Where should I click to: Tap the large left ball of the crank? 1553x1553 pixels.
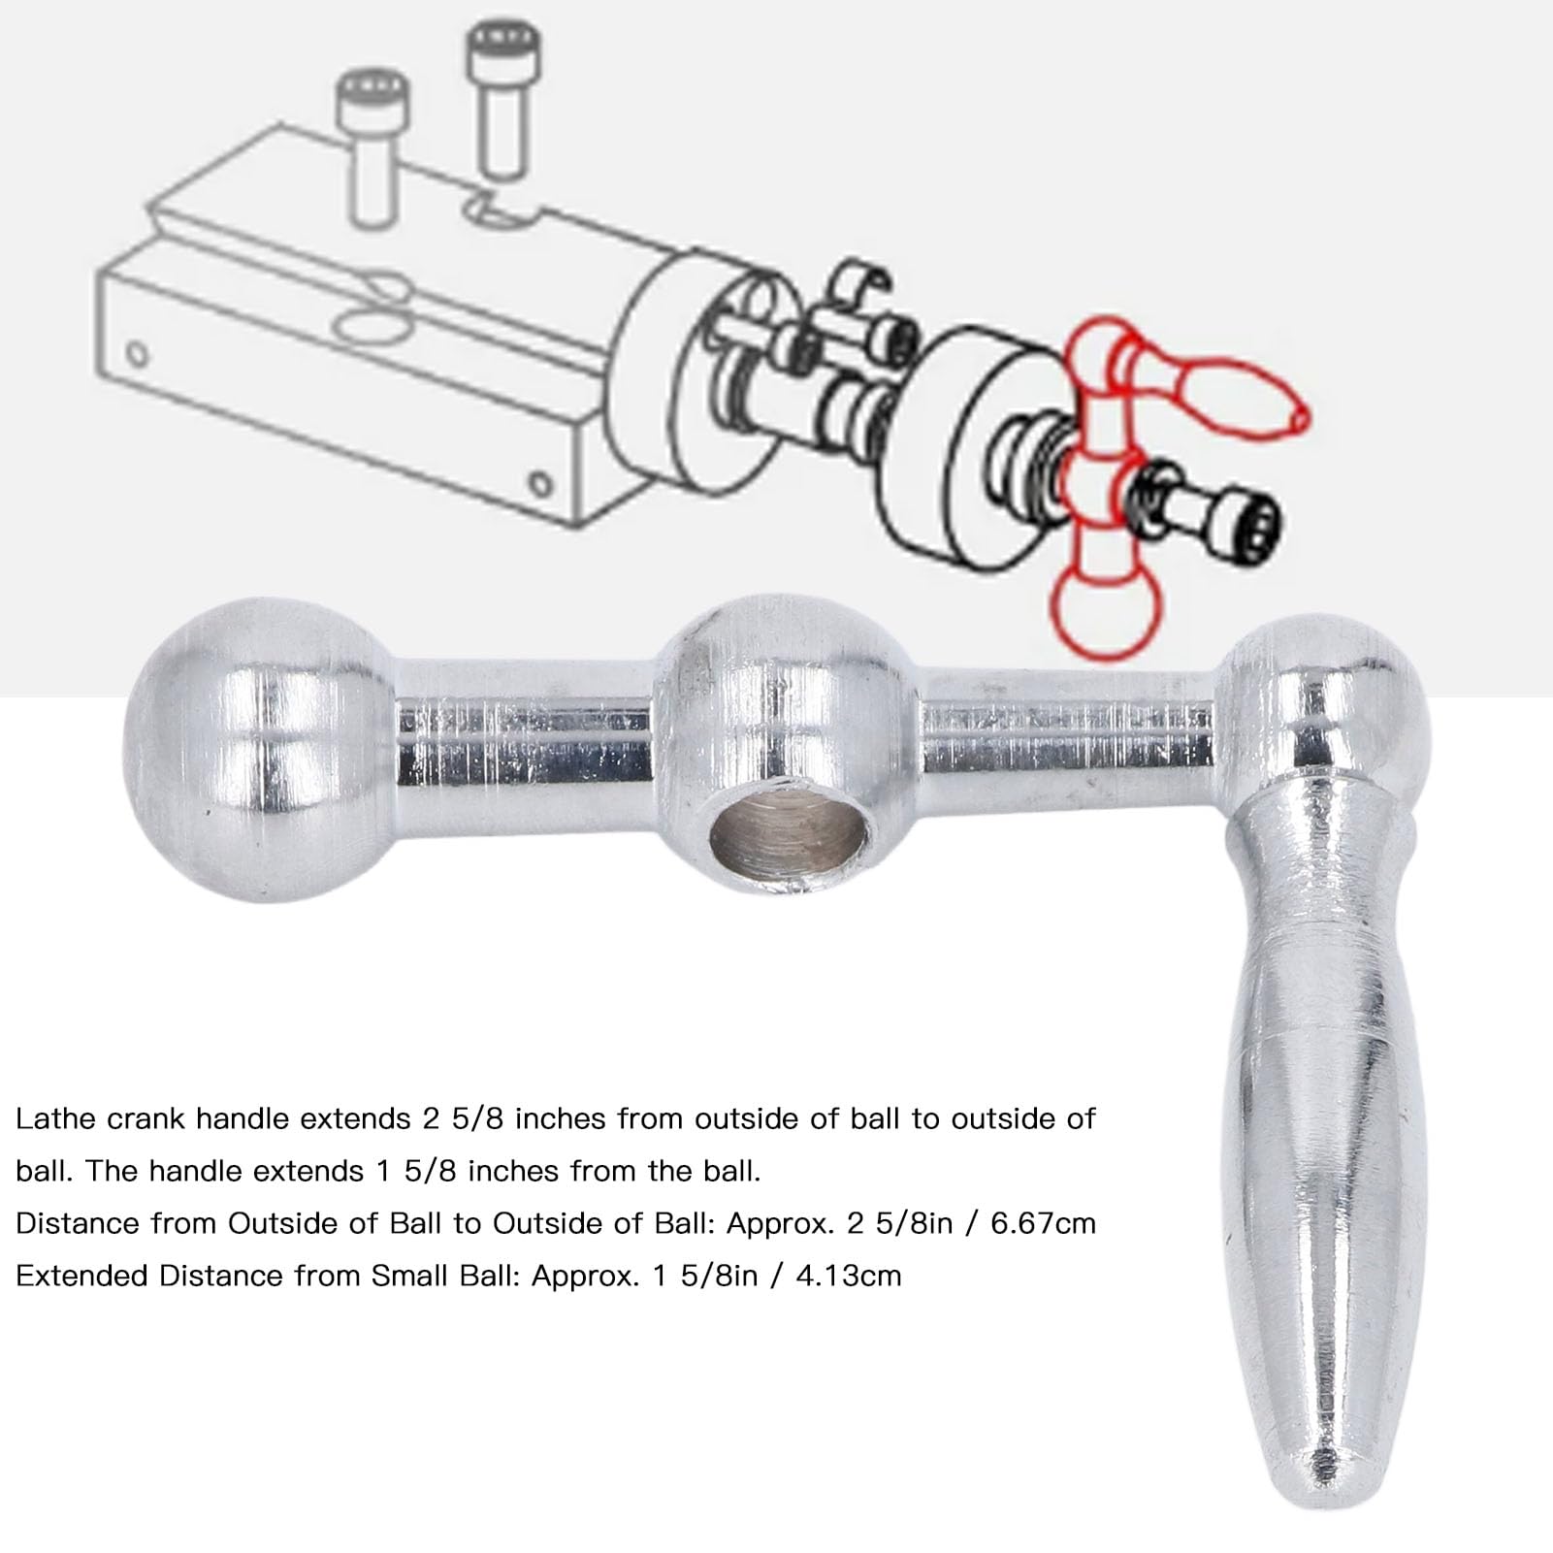(x=258, y=749)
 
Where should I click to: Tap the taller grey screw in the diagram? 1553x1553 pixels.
(x=501, y=97)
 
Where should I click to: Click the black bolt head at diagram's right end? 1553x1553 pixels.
(x=1252, y=526)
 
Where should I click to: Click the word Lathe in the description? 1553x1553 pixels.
(x=55, y=1118)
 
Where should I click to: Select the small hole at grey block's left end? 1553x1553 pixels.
(x=138, y=352)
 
